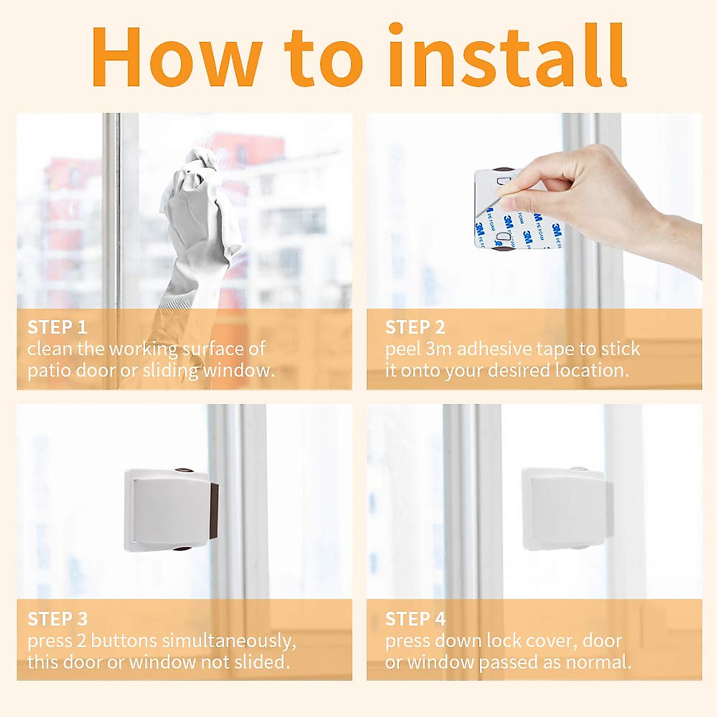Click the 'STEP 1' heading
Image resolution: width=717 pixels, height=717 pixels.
coord(57,327)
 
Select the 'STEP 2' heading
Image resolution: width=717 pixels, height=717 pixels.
coord(415,327)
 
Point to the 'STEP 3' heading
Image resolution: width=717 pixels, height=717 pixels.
coord(57,619)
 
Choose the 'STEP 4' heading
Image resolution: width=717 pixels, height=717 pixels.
coord(415,619)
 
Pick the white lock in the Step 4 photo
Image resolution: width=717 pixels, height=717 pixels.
coord(565,508)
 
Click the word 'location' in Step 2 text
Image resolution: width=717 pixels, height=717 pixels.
coord(592,370)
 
